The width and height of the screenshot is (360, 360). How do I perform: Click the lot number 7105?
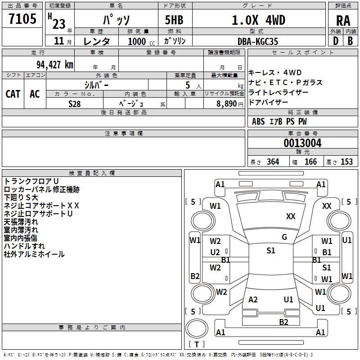point(22,20)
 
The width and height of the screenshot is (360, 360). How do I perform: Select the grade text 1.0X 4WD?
point(258,20)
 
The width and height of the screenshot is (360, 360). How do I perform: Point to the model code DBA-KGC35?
point(258,41)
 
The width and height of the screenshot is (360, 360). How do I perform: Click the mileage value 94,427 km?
point(51,64)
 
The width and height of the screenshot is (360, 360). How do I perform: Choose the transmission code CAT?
point(13,94)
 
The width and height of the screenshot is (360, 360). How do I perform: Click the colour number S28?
point(75,103)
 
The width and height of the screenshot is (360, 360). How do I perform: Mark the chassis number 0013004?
point(302,144)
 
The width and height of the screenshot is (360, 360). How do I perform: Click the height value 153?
point(346,162)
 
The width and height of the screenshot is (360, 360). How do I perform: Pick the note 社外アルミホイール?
point(34,254)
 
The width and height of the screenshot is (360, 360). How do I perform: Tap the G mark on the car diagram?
point(284,237)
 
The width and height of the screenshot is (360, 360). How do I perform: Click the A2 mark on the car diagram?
point(253,300)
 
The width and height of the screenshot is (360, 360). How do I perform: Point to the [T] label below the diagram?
point(196,345)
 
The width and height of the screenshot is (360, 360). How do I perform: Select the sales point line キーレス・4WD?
point(275,73)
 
